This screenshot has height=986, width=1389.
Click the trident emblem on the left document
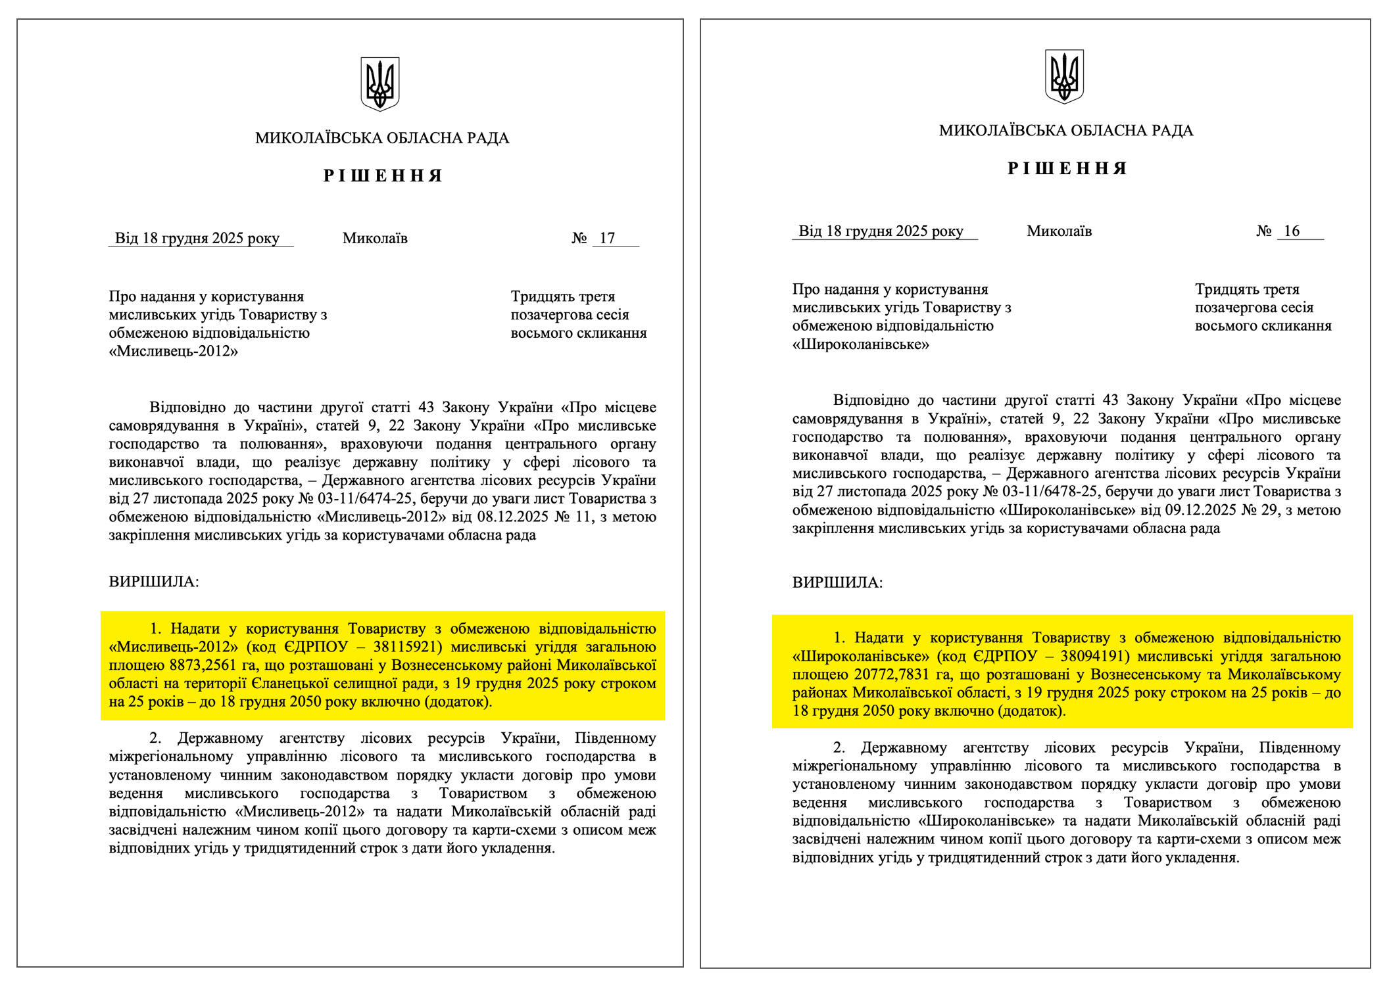[x=380, y=83]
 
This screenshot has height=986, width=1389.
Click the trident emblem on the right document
[x=1064, y=76]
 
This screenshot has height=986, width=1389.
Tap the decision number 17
[x=607, y=239]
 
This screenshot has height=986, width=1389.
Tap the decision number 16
[x=1292, y=231]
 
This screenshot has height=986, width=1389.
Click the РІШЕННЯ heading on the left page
[x=383, y=176]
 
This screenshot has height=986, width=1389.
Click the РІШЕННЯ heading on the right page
[x=1067, y=169]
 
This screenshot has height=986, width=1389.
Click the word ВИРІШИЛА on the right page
[x=837, y=583]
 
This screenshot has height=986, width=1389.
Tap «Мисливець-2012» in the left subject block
[x=174, y=352]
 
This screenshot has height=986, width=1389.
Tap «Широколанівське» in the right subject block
[x=860, y=344]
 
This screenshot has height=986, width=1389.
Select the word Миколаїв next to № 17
[x=375, y=239]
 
